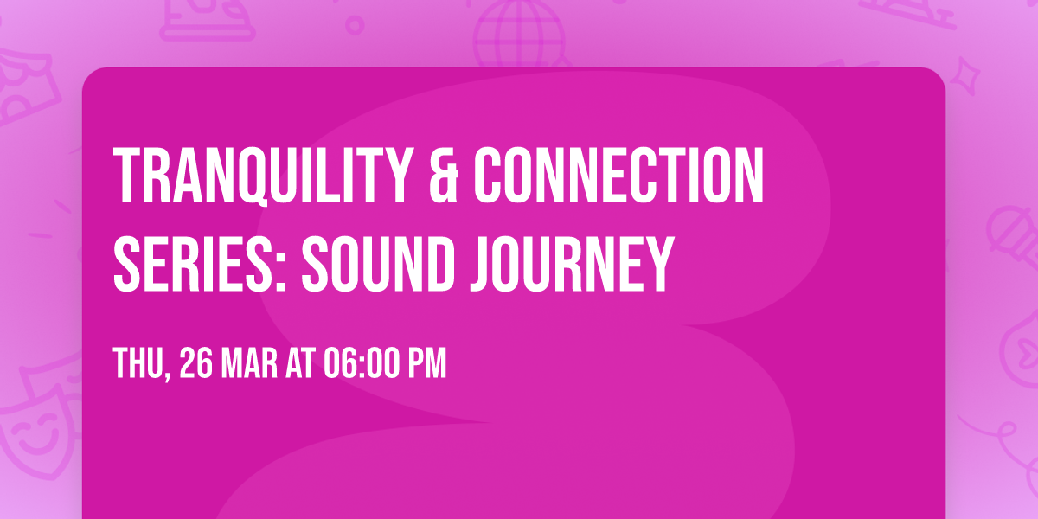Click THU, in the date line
142,363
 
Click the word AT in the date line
301,363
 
